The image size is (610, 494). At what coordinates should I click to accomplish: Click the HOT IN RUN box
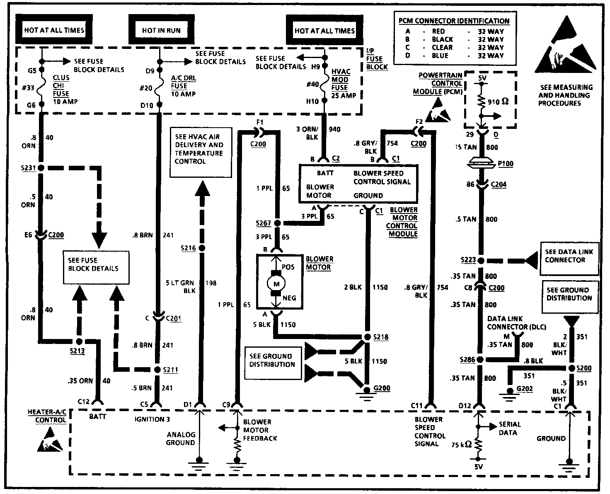click(161, 30)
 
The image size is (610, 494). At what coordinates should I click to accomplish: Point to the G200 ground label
click(382, 388)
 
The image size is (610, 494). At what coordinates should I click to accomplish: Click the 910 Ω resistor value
click(499, 101)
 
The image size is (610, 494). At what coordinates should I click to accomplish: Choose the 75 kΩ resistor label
click(461, 445)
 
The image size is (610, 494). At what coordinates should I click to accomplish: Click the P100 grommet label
click(505, 164)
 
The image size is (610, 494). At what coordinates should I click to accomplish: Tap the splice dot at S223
click(481, 260)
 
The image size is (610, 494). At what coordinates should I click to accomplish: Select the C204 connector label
click(498, 184)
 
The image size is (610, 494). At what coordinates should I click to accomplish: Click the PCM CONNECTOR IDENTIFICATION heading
click(454, 21)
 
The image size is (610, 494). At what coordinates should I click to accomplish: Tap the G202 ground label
click(525, 389)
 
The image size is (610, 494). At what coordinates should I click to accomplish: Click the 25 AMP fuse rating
click(344, 96)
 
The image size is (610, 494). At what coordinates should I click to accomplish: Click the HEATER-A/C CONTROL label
click(47, 416)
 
